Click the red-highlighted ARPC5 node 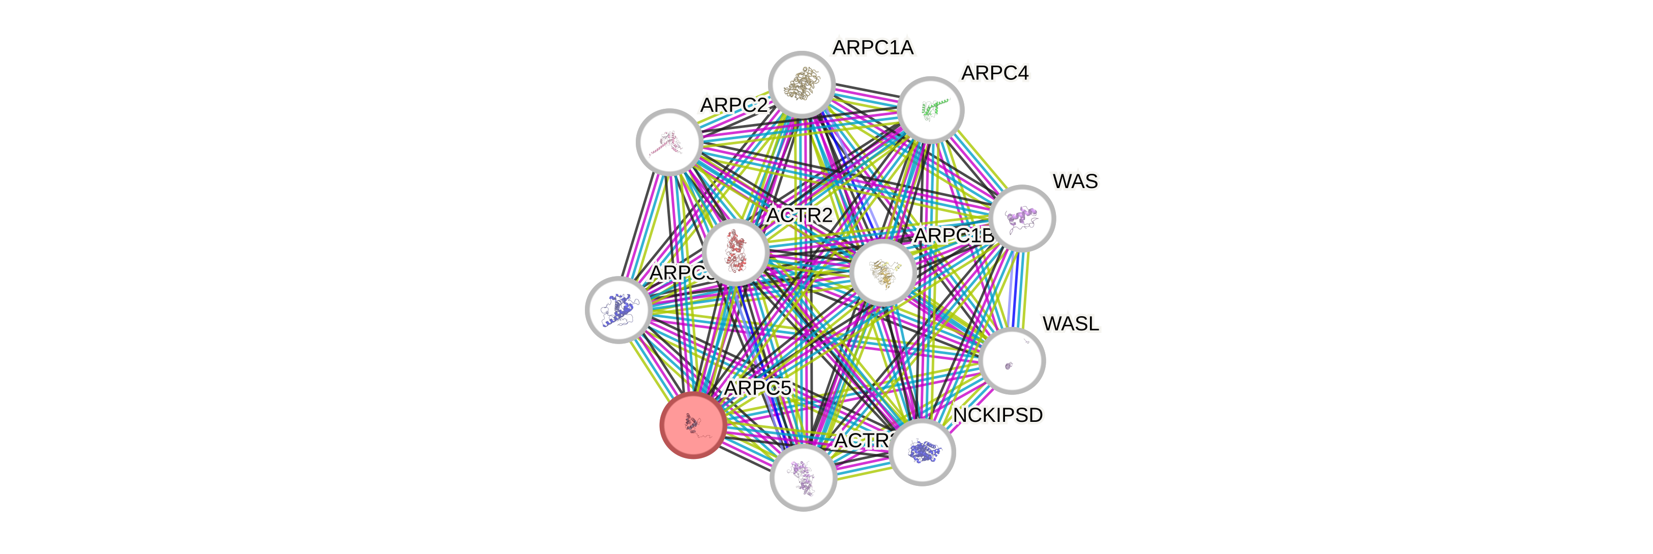click(693, 424)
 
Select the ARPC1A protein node click(802, 84)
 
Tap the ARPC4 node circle click(930, 110)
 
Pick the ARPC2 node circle click(669, 142)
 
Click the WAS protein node click(1022, 218)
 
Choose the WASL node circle click(1012, 360)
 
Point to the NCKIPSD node click(922, 451)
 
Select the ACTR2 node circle click(735, 252)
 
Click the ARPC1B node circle click(883, 272)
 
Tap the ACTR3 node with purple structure click(803, 478)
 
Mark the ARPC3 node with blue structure click(618, 310)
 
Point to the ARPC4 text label click(995, 73)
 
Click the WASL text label click(1070, 324)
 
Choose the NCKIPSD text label click(997, 416)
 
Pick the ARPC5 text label click(757, 388)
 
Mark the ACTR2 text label click(800, 216)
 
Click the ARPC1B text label click(954, 236)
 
